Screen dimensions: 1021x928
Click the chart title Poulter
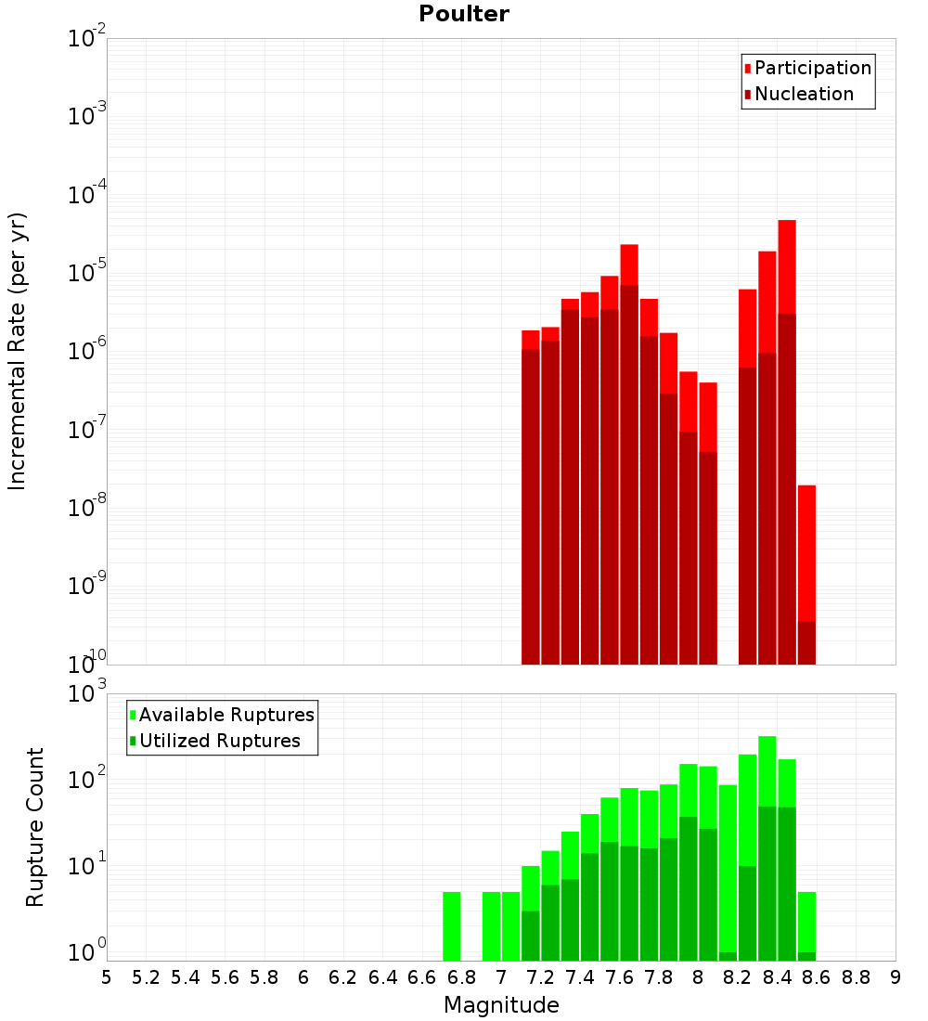click(464, 14)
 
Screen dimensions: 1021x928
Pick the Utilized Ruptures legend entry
click(219, 741)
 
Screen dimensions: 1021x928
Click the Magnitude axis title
click(501, 1005)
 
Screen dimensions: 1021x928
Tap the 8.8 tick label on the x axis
click(856, 977)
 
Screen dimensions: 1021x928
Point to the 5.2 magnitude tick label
click(146, 977)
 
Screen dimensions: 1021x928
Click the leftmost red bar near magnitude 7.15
click(531, 501)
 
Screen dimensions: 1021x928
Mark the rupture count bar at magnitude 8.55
click(806, 924)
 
